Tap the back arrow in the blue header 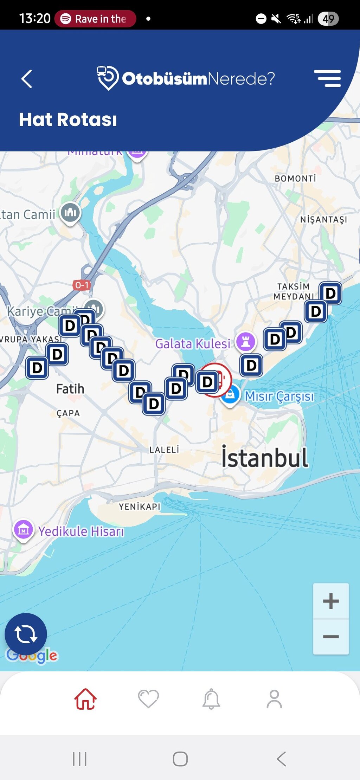pos(27,79)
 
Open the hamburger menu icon pos(327,78)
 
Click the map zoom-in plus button pos(331,601)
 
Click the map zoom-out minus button pos(331,637)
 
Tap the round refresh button pos(26,634)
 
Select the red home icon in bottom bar pos(85,699)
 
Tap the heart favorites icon pos(148,699)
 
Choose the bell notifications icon pos(211,699)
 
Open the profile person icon pos(274,699)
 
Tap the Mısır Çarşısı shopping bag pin pos(230,395)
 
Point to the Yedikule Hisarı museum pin pos(24,529)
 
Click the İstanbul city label pos(264,458)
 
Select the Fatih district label pos(70,389)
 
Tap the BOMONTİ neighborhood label pos(295,179)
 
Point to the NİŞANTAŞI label pos(323,220)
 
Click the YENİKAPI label pos(140,507)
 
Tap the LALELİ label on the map pos(164,450)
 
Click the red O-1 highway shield pos(82,285)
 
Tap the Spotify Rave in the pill pos(95,19)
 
